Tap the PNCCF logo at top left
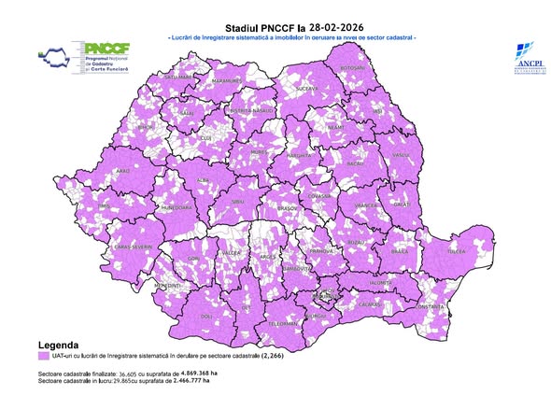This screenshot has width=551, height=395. (x=89, y=58)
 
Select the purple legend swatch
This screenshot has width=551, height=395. (x=44, y=357)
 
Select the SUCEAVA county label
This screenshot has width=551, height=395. (x=308, y=90)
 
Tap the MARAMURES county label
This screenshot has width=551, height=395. (x=227, y=82)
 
